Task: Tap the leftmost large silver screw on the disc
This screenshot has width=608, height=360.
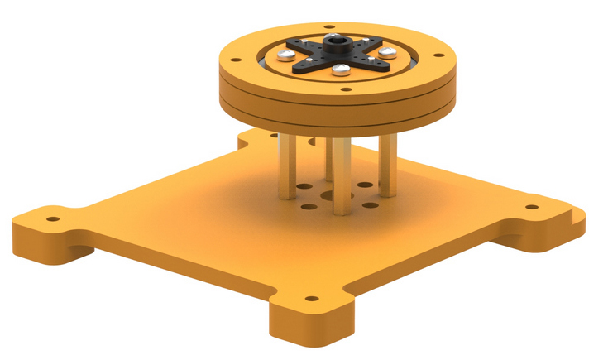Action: [285, 55]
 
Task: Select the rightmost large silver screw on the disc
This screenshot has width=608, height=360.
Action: [385, 55]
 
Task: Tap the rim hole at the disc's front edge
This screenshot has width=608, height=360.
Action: [346, 86]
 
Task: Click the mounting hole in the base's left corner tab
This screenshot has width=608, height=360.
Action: [52, 220]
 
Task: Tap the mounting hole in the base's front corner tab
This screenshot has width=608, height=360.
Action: [311, 299]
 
